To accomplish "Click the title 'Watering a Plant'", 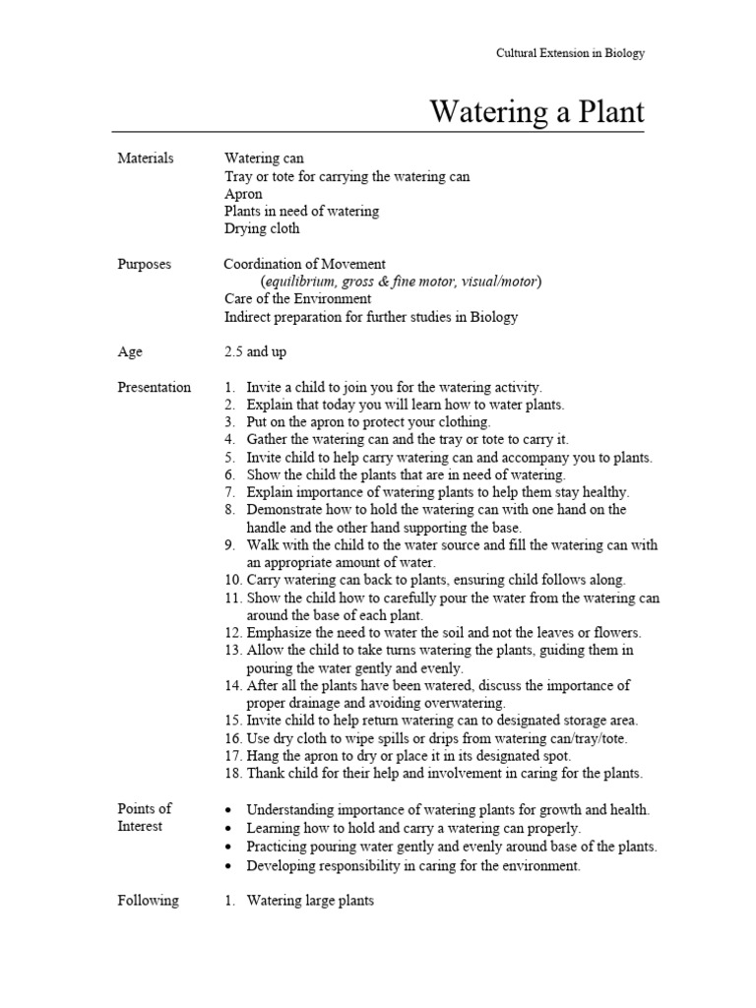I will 537,112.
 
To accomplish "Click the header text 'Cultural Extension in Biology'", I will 570,53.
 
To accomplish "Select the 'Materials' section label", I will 145,158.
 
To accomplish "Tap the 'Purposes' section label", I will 144,264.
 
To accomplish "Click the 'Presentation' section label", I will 154,387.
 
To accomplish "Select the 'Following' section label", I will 148,900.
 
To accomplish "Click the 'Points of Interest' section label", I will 145,817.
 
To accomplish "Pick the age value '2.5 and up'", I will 257,351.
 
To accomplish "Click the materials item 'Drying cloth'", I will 262,228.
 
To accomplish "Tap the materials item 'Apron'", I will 243,194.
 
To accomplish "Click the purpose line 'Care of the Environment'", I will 297,298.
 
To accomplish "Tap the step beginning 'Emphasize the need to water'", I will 443,632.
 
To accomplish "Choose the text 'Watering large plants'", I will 310,900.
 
